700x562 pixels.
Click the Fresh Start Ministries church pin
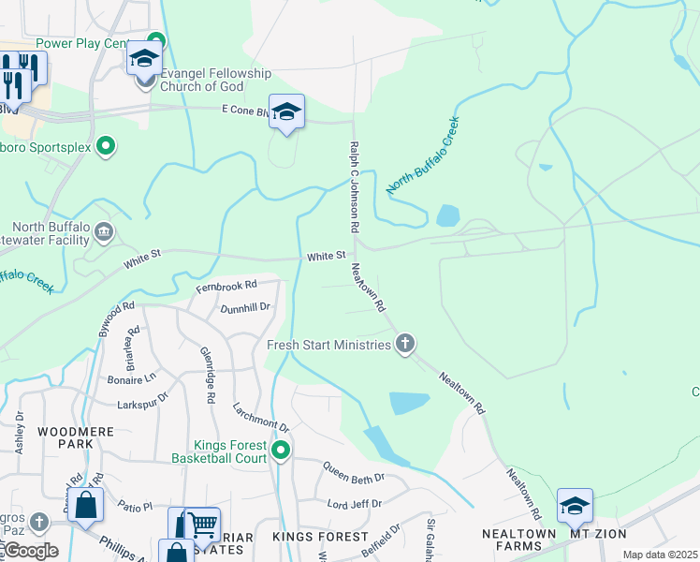click(405, 344)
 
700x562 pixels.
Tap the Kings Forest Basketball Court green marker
click(280, 453)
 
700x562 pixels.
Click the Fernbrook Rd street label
click(226, 286)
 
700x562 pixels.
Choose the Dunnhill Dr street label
click(245, 306)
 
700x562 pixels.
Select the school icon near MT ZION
click(575, 507)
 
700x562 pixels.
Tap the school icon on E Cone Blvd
click(287, 113)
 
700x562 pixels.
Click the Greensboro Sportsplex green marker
click(106, 145)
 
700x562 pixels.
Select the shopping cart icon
click(204, 525)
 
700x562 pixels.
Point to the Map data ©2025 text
click(659, 555)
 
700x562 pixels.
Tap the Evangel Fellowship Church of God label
click(215, 80)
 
